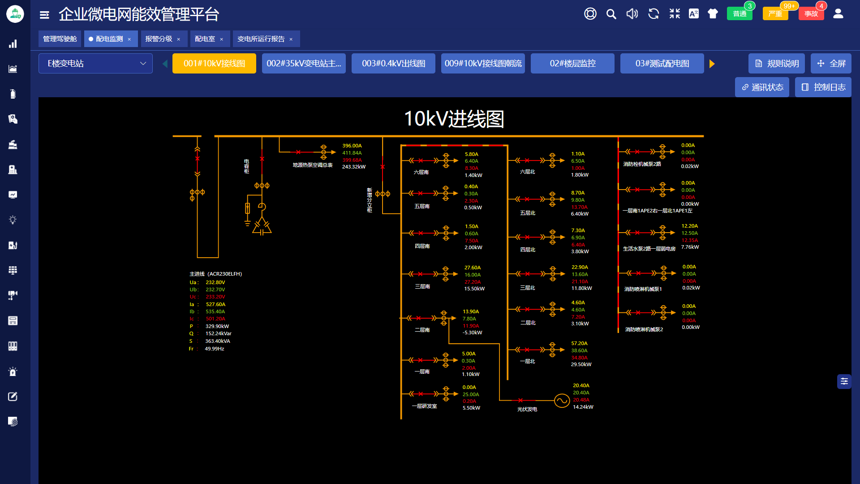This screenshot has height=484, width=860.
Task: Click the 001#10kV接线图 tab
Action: pos(214,64)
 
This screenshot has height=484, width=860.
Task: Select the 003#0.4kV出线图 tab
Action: pos(393,64)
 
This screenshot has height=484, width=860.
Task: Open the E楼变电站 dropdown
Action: pos(95,64)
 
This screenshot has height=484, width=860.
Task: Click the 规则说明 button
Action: pos(777,64)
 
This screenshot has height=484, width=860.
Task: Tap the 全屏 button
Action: pos(831,64)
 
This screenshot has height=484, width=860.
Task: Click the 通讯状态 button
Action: pos(762,87)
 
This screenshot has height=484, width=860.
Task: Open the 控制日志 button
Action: pos(823,87)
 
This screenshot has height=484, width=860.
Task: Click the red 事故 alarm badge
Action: pos(811,14)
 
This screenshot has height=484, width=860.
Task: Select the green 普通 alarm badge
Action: pos(740,14)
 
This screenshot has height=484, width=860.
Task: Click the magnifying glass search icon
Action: pos(611,14)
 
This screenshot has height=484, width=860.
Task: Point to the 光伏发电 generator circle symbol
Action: pos(562,401)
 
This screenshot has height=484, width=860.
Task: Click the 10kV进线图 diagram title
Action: pos(454,119)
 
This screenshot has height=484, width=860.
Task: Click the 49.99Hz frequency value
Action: pos(215,349)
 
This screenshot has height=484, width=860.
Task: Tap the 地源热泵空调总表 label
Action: pos(313,165)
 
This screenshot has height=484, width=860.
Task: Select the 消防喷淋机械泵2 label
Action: pos(644,329)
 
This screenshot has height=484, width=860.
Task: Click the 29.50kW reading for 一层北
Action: pos(581,364)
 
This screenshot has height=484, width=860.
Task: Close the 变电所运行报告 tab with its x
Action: pos(291,39)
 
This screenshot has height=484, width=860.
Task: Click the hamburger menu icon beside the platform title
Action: pos(44,15)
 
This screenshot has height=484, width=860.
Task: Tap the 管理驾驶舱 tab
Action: pos(60,39)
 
